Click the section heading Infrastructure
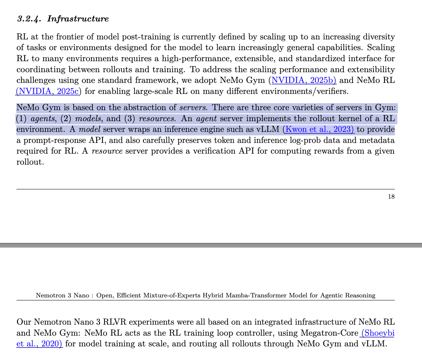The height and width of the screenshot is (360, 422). pyautogui.click(x=78, y=19)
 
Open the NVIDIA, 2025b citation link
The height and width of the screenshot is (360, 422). pyautogui.click(x=303, y=80)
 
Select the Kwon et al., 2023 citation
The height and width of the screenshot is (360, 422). pyautogui.click(x=319, y=129)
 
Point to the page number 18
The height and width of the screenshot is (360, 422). pyautogui.click(x=391, y=197)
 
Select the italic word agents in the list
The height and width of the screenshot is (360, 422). pyautogui.click(x=43, y=119)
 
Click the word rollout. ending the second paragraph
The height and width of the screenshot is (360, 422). pyautogui.click(x=30, y=162)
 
